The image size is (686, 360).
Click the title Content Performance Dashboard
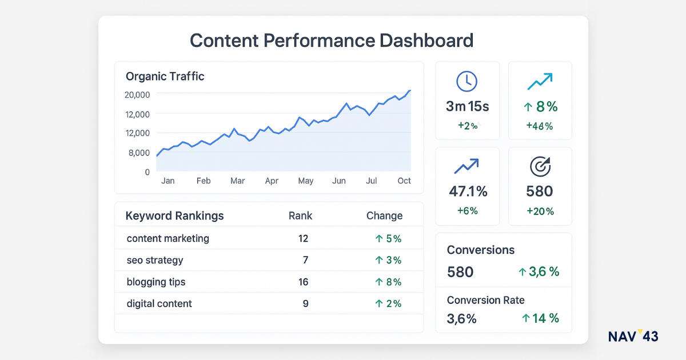[332, 41]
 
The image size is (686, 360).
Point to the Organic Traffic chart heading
[165, 76]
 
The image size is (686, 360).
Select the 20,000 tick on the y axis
[137, 95]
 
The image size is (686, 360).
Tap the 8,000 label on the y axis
[139, 153]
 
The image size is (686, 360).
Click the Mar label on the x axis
[237, 181]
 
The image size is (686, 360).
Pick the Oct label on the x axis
[404, 181]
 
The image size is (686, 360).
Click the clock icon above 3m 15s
[466, 81]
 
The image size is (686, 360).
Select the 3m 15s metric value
[467, 106]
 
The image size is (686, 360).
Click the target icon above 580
[540, 166]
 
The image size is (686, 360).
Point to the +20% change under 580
[540, 211]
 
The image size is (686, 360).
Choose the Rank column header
[300, 215]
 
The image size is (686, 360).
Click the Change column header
[384, 215]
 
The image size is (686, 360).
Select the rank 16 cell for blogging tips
[303, 282]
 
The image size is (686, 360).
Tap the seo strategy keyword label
[155, 260]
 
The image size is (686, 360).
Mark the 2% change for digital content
[388, 303]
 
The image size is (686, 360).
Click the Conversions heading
[480, 250]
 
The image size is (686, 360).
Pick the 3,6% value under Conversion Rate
[461, 318]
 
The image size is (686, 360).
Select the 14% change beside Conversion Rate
[540, 318]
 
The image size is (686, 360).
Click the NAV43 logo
[633, 336]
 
